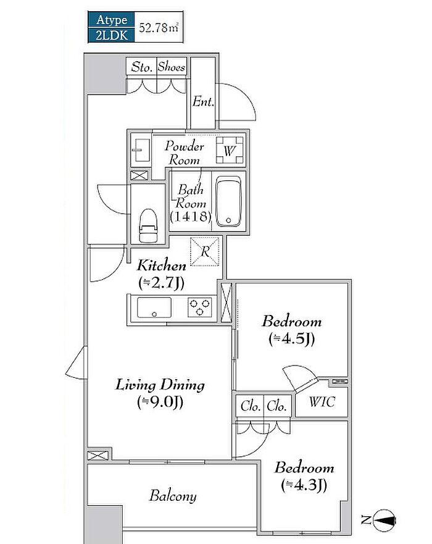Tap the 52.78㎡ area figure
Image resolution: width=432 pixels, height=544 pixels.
tap(159, 27)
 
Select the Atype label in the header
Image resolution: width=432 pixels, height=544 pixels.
tap(111, 20)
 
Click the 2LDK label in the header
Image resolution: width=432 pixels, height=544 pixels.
tap(111, 35)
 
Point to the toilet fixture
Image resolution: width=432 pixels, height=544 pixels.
tap(148, 225)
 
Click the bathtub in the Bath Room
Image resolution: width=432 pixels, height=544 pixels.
tap(228, 201)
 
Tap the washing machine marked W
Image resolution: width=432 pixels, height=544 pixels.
tap(230, 150)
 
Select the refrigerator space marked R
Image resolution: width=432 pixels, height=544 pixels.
tap(205, 251)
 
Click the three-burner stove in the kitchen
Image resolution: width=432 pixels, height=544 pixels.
tap(200, 308)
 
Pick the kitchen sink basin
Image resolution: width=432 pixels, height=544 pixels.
tap(154, 308)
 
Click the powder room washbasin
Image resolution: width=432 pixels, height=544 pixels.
tap(141, 150)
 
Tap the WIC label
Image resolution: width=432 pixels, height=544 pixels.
tap(322, 402)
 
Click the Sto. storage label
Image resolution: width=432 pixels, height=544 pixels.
tap(142, 67)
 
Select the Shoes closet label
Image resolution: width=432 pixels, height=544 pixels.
tap(172, 66)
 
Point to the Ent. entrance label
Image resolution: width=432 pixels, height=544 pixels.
tap(203, 102)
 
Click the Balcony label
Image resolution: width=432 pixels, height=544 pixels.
tap(173, 496)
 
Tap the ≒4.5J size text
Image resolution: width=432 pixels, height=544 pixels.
tap(292, 339)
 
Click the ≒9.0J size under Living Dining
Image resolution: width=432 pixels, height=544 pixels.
tap(160, 402)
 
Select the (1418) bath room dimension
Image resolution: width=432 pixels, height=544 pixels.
tap(190, 217)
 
